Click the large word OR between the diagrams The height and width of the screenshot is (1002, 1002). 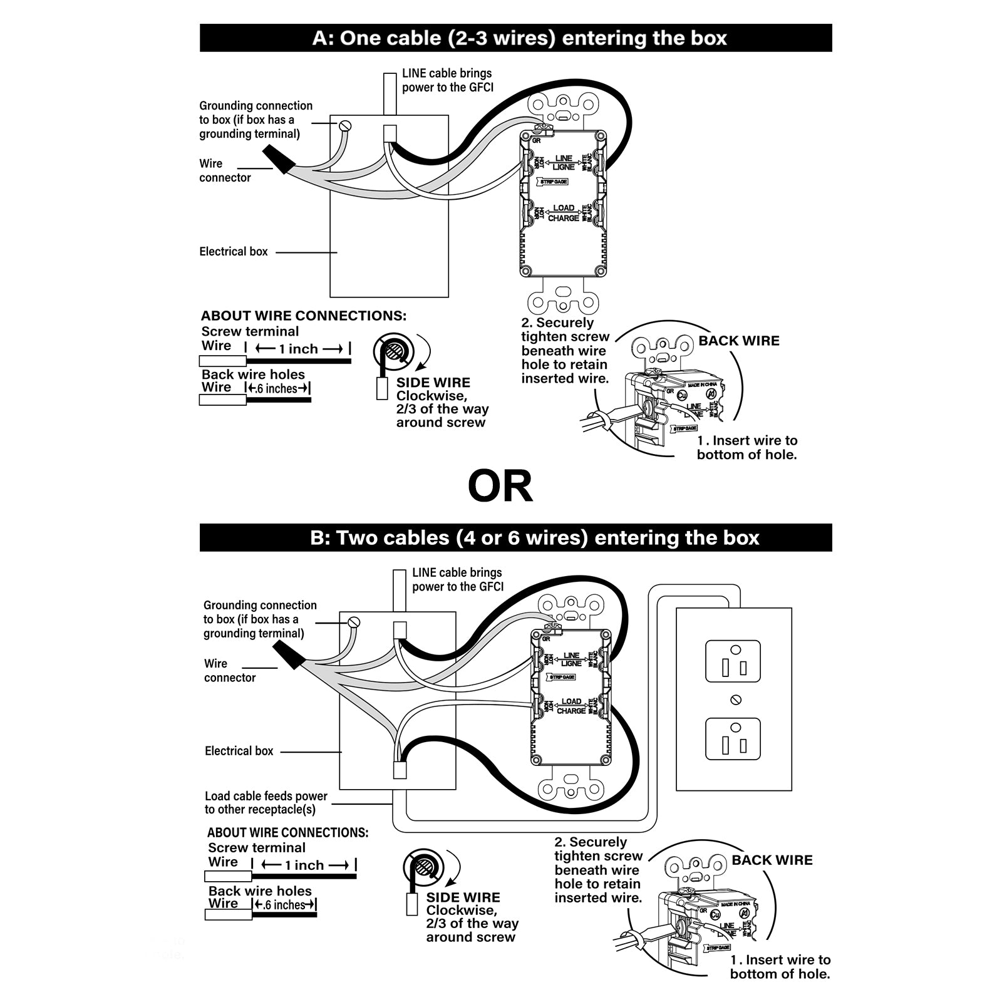pos(500,487)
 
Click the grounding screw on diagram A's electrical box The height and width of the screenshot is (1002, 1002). pos(344,126)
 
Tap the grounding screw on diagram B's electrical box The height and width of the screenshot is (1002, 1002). pos(354,622)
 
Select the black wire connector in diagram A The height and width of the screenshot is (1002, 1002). pos(279,159)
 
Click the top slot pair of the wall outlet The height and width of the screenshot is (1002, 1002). pos(733,667)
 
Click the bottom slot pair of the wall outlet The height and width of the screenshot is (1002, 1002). pos(733,745)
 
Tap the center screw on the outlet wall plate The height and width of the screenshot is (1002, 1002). pos(736,699)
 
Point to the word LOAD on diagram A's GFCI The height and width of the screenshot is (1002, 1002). pos(564,208)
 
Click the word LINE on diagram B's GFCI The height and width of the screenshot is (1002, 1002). pos(571,656)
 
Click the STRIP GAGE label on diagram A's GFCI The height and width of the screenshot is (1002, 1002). pos(554,182)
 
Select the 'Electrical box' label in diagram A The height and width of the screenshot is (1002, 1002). pos(234,252)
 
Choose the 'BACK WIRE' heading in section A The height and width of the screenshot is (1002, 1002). pos(739,341)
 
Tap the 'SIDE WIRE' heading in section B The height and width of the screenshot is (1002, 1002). pos(463,897)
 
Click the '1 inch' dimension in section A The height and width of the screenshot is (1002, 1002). pos(298,349)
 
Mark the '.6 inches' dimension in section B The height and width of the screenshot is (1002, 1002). pos(284,906)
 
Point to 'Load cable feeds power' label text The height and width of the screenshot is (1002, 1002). pos(266,796)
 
